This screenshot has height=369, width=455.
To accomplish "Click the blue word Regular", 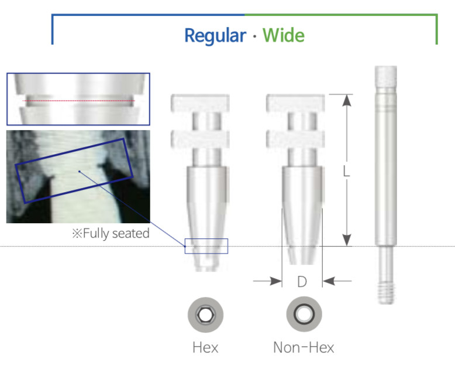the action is (x=215, y=36).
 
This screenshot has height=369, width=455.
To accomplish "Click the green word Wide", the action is (x=284, y=35).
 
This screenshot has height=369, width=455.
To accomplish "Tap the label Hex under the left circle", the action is (x=205, y=347).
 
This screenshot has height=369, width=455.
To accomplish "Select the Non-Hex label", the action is (x=304, y=347).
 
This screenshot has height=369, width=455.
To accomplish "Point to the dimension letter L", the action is (x=346, y=171).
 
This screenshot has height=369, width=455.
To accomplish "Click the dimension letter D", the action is (x=302, y=282).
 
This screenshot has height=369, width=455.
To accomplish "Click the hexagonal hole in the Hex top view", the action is (x=205, y=315).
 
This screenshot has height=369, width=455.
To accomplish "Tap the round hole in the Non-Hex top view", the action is (x=304, y=314).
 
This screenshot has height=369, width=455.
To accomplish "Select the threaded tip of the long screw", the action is (x=386, y=293).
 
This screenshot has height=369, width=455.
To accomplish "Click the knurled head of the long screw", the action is (x=385, y=76).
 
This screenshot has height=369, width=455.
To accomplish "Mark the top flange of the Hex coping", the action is (x=200, y=103).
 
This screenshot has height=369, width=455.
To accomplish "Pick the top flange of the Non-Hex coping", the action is (x=295, y=103).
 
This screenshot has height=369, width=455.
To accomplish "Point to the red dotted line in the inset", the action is (x=78, y=101).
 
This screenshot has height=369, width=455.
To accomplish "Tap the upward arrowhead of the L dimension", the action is (x=347, y=101).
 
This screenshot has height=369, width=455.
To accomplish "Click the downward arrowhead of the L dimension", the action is (x=347, y=240).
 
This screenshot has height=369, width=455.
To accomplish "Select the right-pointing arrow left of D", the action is (x=267, y=281).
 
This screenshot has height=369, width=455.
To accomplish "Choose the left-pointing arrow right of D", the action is (x=337, y=281).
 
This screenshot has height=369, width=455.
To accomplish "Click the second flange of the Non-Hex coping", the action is (x=295, y=139).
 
